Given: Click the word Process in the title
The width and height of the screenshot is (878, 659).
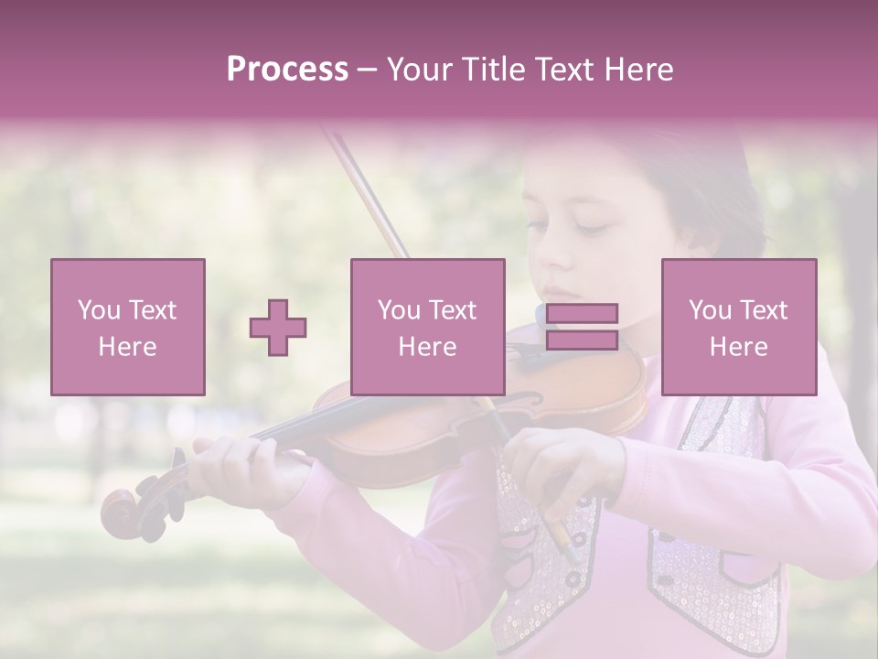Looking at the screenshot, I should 287,70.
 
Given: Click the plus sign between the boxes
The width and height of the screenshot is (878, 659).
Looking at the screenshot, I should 278,328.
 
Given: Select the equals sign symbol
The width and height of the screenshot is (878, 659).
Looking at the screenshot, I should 582,327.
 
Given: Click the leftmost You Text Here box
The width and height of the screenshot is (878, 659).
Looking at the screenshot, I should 128,327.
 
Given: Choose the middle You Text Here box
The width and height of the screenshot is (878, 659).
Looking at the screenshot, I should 427,327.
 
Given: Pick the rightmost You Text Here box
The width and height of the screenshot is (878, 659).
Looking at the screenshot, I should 738,327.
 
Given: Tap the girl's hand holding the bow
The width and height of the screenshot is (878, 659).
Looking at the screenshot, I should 558,467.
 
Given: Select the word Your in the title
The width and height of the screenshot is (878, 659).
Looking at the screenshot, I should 420,70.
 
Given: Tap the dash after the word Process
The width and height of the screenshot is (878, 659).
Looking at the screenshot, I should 367,70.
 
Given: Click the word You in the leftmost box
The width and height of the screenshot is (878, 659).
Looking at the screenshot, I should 98,310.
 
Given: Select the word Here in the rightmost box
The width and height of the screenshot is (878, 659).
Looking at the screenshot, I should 738,347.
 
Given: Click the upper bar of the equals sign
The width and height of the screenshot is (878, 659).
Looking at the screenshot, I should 582,313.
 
